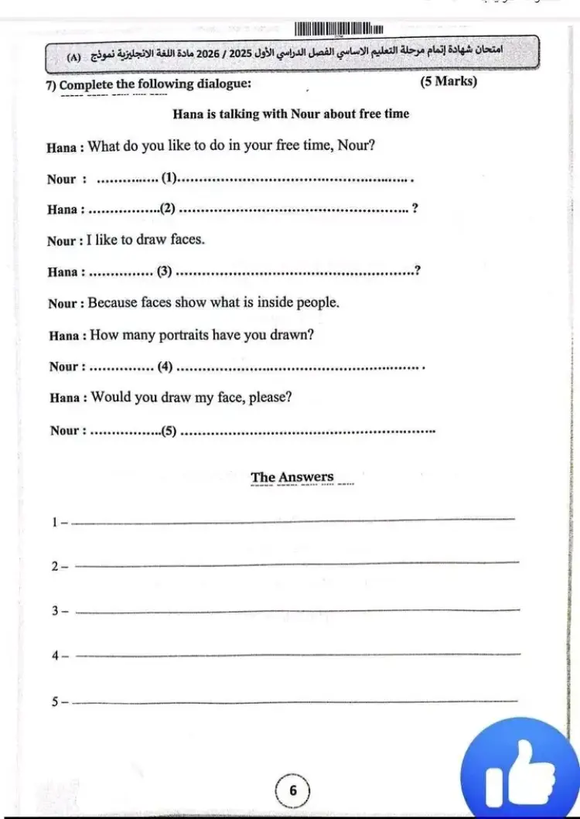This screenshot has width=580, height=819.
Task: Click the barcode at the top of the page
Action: (x=339, y=29)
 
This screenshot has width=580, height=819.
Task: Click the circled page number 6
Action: (x=292, y=790)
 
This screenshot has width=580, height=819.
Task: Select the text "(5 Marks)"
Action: (x=449, y=82)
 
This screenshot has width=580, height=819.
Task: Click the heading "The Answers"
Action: (x=292, y=477)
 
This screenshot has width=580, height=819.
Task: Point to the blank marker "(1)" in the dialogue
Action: (x=169, y=179)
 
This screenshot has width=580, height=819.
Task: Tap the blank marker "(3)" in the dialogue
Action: (x=164, y=271)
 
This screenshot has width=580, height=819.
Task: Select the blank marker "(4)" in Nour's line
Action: (x=165, y=367)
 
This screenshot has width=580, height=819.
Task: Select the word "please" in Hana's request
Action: (x=268, y=398)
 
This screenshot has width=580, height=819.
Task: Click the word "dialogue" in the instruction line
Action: (x=222, y=84)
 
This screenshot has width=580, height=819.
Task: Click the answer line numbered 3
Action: (x=298, y=611)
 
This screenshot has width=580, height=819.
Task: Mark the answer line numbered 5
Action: (x=298, y=701)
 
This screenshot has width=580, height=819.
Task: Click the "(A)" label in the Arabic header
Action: (x=74, y=56)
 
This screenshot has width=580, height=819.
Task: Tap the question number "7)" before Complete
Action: (x=52, y=84)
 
